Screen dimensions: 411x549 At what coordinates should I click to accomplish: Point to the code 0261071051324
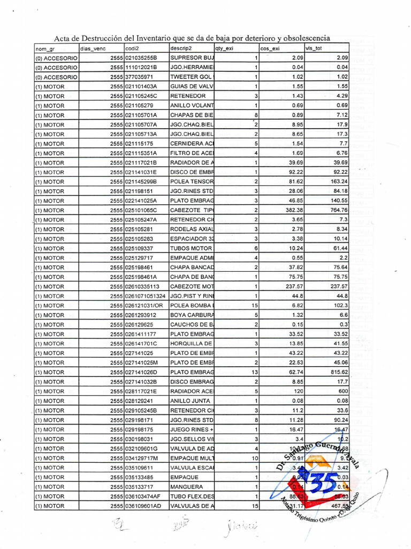[x=145, y=295]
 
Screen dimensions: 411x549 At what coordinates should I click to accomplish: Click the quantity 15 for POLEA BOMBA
[x=255, y=305]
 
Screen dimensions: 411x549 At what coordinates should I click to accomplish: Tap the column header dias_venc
[x=93, y=48]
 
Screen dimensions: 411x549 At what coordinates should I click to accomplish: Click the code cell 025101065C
[x=141, y=210]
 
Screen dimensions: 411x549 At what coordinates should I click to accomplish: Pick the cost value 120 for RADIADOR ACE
[x=297, y=390]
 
